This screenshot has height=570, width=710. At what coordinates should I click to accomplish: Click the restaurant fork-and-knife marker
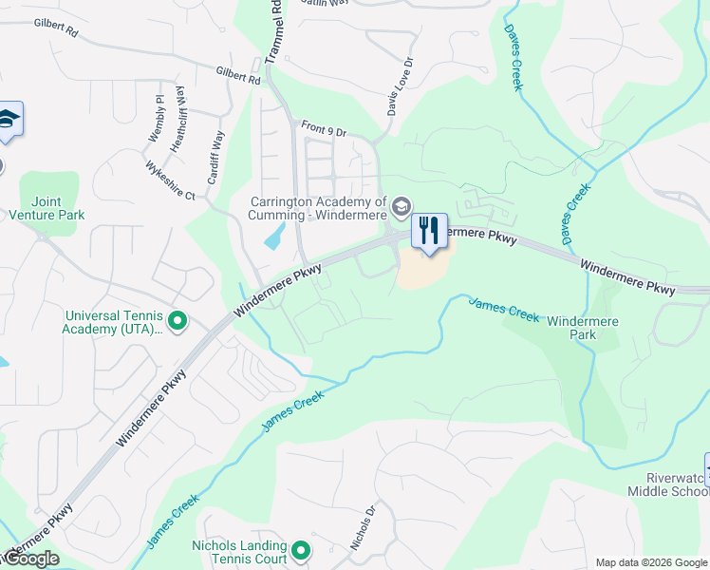pyautogui.click(x=429, y=231)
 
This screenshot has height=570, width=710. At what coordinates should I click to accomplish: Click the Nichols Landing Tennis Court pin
pyautogui.click(x=301, y=551)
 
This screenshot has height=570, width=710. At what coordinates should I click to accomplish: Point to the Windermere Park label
pyautogui.click(x=583, y=328)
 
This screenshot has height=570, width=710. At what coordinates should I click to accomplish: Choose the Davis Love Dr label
pyautogui.click(x=400, y=86)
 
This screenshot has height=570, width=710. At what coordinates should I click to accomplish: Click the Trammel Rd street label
pyautogui.click(x=275, y=33)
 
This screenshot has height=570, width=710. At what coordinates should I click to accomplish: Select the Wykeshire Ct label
pyautogui.click(x=170, y=180)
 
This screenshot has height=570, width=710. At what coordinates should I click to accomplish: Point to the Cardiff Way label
pyautogui.click(x=215, y=159)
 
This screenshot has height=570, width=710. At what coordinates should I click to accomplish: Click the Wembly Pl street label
pyautogui.click(x=157, y=119)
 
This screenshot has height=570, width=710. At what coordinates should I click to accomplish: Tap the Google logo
pyautogui.click(x=30, y=559)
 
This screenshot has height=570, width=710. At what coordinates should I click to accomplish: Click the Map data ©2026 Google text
pyautogui.click(x=650, y=562)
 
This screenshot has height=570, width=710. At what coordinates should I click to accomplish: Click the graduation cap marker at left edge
pyautogui.click(x=9, y=120)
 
